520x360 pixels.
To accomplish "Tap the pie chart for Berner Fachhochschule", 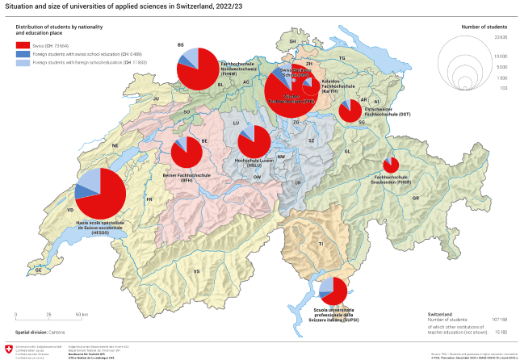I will click(x=187, y=151).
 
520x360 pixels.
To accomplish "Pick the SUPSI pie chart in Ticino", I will click(x=333, y=291).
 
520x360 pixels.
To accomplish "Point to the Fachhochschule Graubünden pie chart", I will click(x=391, y=165).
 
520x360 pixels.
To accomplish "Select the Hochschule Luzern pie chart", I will click(x=254, y=142).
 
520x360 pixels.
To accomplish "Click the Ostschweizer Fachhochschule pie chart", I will click(x=350, y=111).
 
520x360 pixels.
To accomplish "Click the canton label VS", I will click(x=196, y=272).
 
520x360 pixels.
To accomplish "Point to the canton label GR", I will click(x=416, y=198).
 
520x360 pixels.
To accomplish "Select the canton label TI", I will click(x=320, y=243).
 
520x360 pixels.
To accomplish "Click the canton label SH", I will click(x=293, y=40).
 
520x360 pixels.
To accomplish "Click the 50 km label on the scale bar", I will click(x=82, y=314).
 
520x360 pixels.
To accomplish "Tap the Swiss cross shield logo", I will click(x=9, y=349).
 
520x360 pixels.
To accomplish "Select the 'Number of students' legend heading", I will click(x=484, y=27).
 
